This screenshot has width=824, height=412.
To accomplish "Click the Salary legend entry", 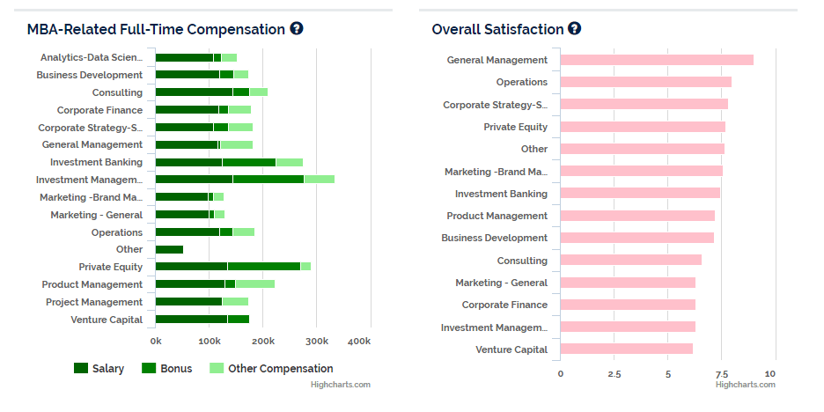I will [99, 368].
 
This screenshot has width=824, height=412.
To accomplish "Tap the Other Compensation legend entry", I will [271, 368].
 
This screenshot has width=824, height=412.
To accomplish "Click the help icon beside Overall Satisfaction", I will [574, 29].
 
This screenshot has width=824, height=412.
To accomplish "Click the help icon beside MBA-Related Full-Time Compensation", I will [296, 29].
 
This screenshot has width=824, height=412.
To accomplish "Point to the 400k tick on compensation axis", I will [359, 341].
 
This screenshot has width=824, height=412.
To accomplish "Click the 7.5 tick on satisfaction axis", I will [721, 373].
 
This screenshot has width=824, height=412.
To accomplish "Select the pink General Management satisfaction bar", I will [657, 60].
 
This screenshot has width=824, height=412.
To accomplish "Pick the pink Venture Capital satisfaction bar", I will [626, 349].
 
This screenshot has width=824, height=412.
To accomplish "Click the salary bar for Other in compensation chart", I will [169, 249].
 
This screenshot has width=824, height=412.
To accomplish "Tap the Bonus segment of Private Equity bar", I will [263, 267].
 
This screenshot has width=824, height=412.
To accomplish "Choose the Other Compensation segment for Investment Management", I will [319, 180].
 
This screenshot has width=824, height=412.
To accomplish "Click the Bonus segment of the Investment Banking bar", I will [248, 162].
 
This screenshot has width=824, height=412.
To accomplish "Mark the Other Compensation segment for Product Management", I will [254, 284].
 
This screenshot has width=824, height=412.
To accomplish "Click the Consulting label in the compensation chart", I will [117, 92].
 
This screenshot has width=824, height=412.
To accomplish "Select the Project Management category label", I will [94, 302].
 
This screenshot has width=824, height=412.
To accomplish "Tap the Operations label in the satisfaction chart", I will [521, 82].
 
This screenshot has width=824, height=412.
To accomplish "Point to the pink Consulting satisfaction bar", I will [630, 260].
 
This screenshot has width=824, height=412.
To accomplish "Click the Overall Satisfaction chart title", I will [497, 29].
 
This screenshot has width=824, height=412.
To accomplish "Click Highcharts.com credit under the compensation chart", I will [341, 384].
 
